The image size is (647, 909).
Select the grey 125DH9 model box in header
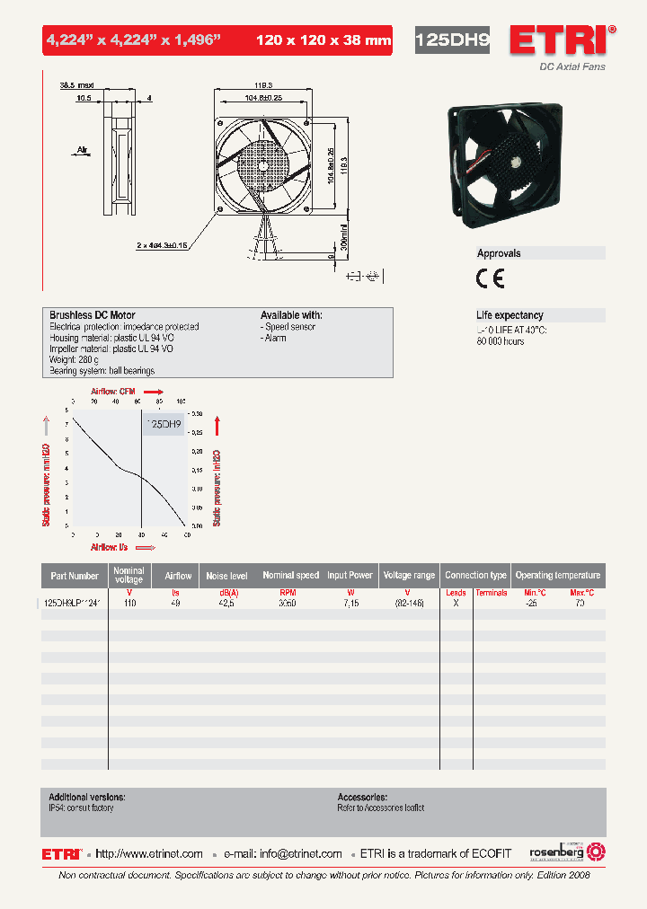click(452, 40)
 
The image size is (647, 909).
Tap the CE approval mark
click(490, 278)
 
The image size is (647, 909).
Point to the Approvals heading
click(499, 253)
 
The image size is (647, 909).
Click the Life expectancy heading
click(510, 315)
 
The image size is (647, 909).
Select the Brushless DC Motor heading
click(93, 315)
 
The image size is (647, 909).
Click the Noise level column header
click(226, 576)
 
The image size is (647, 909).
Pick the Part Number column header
click(75, 576)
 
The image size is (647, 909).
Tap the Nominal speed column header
click(290, 576)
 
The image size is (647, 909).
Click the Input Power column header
click(350, 576)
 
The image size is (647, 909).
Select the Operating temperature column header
click(557, 576)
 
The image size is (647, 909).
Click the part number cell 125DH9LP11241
click(75, 605)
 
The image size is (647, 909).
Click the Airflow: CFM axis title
click(113, 392)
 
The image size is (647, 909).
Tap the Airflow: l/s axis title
click(110, 546)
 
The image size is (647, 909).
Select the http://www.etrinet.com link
click(149, 854)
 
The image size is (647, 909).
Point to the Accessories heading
click(362, 797)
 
